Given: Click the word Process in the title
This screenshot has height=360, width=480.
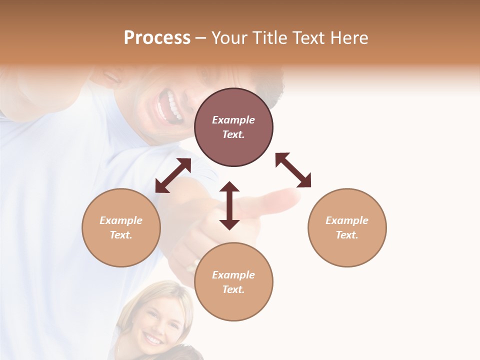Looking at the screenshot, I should pyautogui.click(x=157, y=38).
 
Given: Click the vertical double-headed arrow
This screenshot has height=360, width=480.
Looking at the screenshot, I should pyautogui.click(x=229, y=205).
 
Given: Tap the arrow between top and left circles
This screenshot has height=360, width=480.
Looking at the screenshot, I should pyautogui.click(x=173, y=175).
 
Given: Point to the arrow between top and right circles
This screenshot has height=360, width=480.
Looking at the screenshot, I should pyautogui.click(x=293, y=170).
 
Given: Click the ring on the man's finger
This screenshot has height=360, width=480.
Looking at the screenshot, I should pyautogui.click(x=192, y=264).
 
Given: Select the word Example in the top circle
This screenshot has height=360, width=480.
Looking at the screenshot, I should pyautogui.click(x=233, y=120).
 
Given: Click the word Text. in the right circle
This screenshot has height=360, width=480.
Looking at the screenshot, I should pyautogui.click(x=347, y=235).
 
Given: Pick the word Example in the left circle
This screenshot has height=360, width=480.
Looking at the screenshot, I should pyautogui.click(x=121, y=220).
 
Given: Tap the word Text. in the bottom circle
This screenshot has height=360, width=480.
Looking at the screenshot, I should pyautogui.click(x=233, y=289).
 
